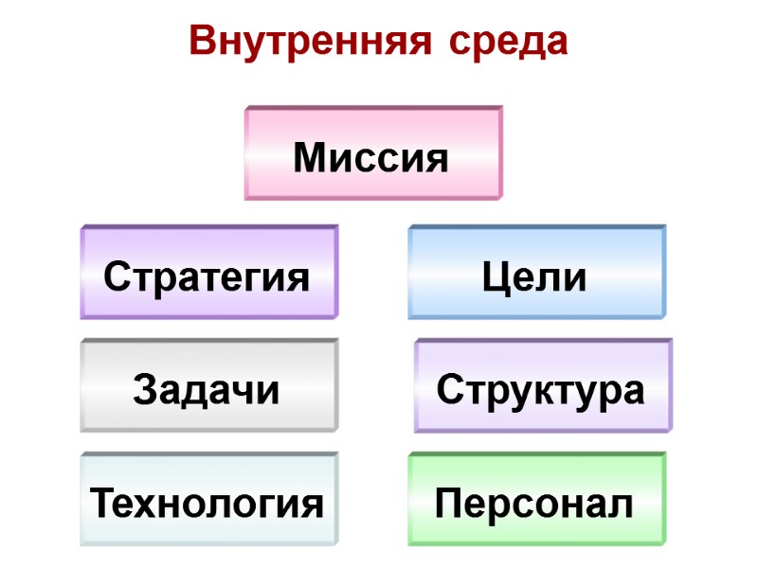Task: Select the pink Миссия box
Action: click(x=373, y=153)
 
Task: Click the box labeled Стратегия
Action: click(x=208, y=273)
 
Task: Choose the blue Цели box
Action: click(x=536, y=273)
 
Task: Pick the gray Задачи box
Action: click(x=208, y=386)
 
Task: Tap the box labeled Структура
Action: click(x=542, y=386)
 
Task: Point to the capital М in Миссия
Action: click(x=310, y=157)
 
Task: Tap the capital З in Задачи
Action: click(x=147, y=390)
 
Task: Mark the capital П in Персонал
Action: click(x=449, y=505)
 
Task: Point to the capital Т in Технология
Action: click(x=102, y=505)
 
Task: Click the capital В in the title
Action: click(x=202, y=41)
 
